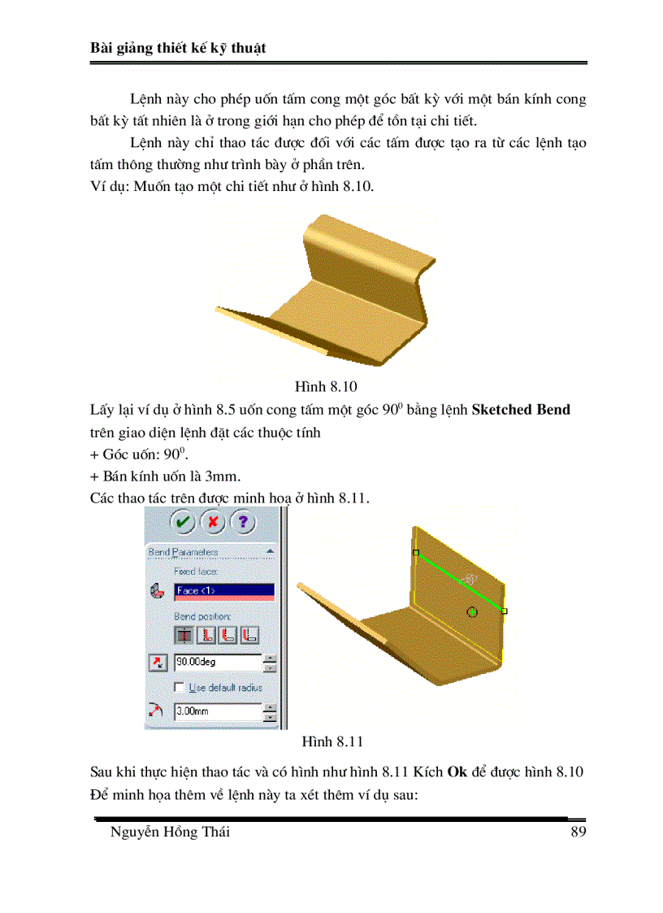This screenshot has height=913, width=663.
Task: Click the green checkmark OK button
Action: point(183,522)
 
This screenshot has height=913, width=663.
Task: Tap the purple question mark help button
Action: point(244,522)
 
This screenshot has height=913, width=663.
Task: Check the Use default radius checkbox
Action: point(180,688)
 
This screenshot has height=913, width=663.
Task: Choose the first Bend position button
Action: point(184,635)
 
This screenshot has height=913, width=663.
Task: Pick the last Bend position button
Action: point(250,635)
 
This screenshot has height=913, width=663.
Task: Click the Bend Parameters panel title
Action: point(183,552)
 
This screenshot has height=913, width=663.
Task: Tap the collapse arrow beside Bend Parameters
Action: point(269,552)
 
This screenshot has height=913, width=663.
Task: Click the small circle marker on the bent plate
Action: point(473,611)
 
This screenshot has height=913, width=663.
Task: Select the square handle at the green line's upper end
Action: point(416,553)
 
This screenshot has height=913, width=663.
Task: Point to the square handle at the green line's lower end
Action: point(505,611)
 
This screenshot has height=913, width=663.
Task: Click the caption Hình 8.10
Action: point(326,386)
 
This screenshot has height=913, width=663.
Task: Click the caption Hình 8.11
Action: point(331,741)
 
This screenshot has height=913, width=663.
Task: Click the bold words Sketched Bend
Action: point(521,410)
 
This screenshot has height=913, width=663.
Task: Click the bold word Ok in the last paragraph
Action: point(457,771)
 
